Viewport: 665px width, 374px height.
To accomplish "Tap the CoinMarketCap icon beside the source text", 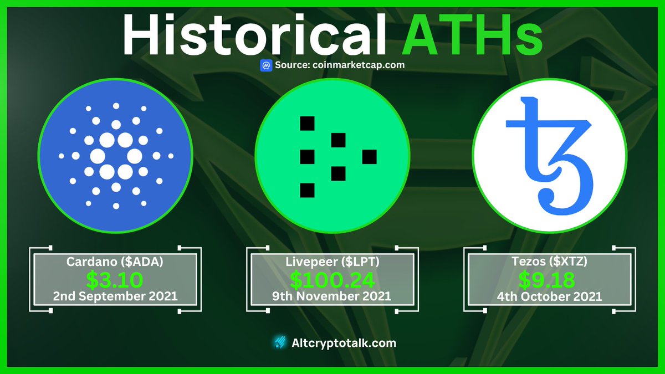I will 266,65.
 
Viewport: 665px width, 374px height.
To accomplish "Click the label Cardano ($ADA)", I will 115,262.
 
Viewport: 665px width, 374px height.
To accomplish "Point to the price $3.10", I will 115,279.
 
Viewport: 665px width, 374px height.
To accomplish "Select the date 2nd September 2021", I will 115,296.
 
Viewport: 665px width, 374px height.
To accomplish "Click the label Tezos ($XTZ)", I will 549,262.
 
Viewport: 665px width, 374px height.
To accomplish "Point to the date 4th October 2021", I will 549,296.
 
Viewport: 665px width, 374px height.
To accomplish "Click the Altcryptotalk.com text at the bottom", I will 344,343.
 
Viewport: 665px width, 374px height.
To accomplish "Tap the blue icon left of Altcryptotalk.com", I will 280,343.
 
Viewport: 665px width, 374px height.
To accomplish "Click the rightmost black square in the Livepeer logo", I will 370,157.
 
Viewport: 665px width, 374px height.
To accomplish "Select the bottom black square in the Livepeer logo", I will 307,191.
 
